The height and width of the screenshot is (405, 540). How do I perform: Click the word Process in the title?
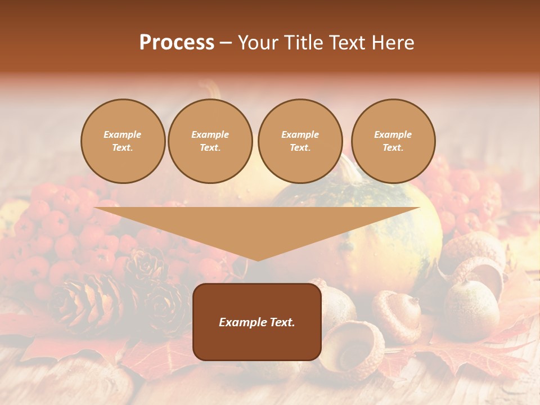point(177,43)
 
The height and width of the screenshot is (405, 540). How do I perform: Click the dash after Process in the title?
point(226,43)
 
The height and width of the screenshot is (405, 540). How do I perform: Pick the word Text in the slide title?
point(347,43)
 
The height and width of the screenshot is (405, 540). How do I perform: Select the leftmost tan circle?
point(123,141)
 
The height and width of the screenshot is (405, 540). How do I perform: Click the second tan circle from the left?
point(210,141)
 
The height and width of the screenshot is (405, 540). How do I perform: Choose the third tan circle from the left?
point(300,141)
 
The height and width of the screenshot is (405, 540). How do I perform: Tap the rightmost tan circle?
point(393,141)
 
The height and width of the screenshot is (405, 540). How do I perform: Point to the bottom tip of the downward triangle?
point(257,260)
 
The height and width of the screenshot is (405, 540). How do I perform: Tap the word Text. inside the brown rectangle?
point(282,322)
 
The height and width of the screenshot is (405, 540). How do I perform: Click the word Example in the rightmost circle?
point(393,134)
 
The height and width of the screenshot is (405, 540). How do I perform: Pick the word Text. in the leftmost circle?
point(123,148)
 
